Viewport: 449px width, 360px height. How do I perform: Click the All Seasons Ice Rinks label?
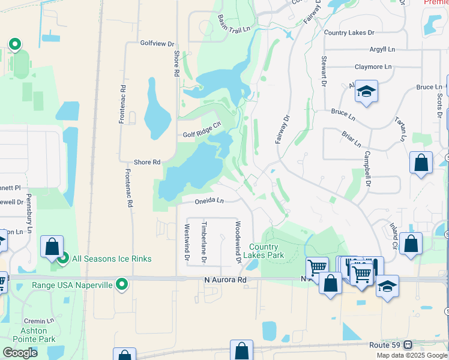tap(112, 259)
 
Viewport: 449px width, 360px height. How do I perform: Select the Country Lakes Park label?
tap(264, 251)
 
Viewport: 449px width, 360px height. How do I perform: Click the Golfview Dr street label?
tap(157, 44)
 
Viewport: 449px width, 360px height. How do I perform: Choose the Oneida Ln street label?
tap(209, 201)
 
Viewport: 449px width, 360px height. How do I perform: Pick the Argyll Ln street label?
tap(382, 49)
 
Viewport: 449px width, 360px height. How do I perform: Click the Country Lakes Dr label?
tap(349, 33)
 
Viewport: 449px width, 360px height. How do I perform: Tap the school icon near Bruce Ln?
tap(366, 92)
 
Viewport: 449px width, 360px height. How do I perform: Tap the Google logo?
tap(20, 353)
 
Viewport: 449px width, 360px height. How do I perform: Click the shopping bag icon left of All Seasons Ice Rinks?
tap(52, 247)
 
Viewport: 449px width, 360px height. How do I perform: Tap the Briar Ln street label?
tap(352, 140)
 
